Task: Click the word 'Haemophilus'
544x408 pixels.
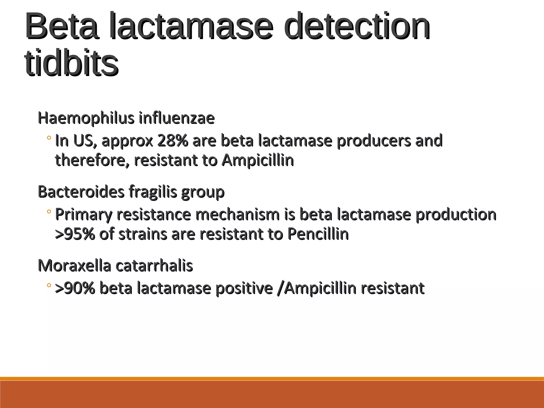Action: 86,118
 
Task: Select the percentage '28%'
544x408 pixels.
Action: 173,141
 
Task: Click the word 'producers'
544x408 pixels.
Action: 374,141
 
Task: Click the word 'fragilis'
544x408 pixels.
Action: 153,192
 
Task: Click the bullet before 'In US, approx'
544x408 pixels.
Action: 49,138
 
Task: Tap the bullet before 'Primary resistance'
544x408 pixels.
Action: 49,212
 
